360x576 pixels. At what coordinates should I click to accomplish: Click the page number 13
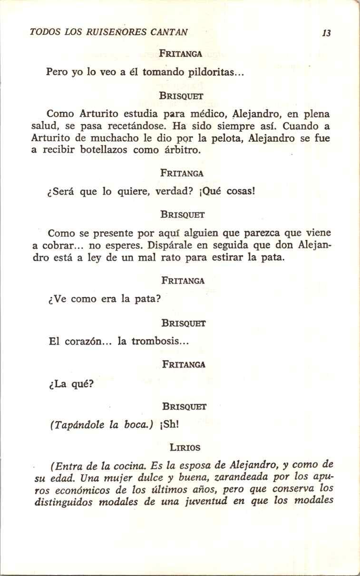tap(326, 33)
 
